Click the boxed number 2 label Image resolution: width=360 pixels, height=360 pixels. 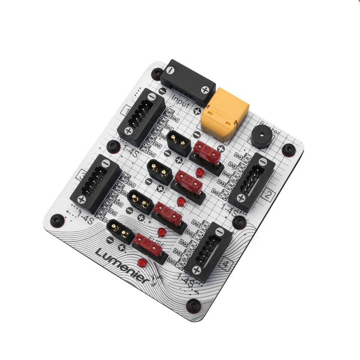pos(267,196)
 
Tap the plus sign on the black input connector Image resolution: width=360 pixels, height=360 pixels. pos(205,90)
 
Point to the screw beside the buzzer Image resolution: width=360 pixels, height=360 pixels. pos(288,149)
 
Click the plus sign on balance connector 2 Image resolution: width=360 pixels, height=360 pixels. pos(241,198)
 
